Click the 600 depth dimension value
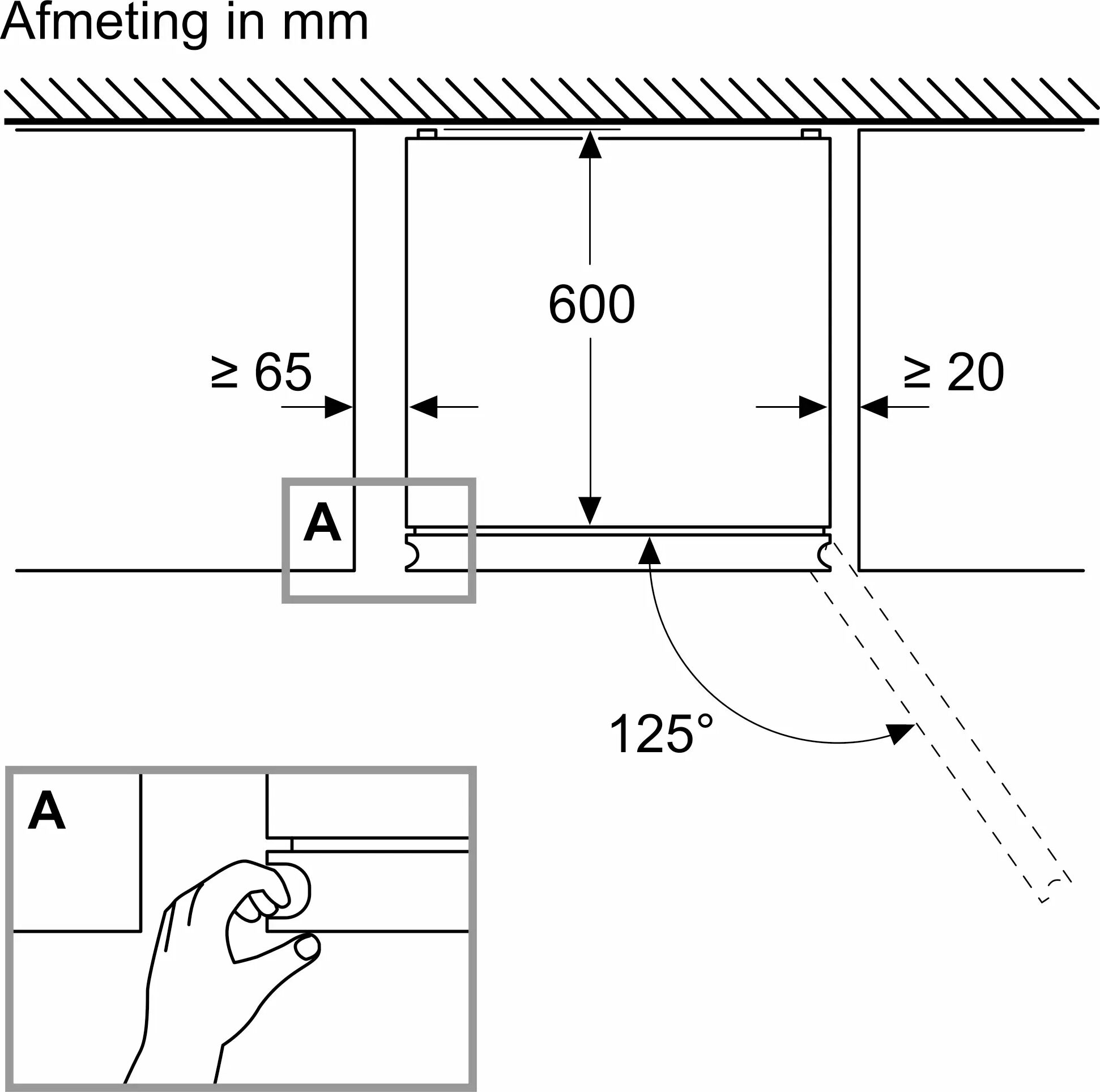pos(591,305)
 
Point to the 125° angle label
pos(660,735)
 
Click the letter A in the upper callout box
pos(322,522)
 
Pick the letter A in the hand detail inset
pos(46,811)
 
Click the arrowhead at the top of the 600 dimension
pos(590,144)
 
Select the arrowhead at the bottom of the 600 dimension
pos(590,510)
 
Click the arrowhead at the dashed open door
pos(900,734)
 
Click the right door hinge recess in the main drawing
pos(824,553)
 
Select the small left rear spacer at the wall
pos(427,134)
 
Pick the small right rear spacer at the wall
pos(811,134)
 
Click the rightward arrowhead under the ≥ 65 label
pos(338,407)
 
